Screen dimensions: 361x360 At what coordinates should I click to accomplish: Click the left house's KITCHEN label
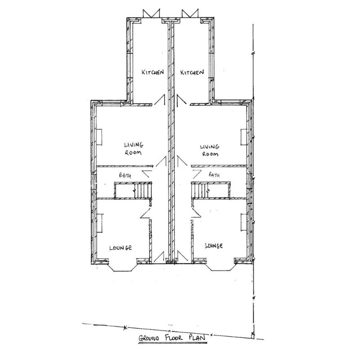(x=152, y=72)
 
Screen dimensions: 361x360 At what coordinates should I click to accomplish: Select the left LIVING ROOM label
(x=134, y=149)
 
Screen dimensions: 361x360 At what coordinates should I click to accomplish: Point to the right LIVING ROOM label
(x=210, y=150)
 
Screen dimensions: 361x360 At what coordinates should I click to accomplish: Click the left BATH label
(x=123, y=175)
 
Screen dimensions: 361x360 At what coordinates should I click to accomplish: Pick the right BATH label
(x=214, y=175)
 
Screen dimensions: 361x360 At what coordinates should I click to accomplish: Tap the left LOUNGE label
(x=120, y=248)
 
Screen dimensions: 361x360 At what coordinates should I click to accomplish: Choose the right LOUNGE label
(x=214, y=246)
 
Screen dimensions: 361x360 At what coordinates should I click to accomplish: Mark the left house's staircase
(x=134, y=190)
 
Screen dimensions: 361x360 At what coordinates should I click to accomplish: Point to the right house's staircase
(x=211, y=190)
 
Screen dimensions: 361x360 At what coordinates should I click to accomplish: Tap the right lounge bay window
(x=221, y=266)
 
